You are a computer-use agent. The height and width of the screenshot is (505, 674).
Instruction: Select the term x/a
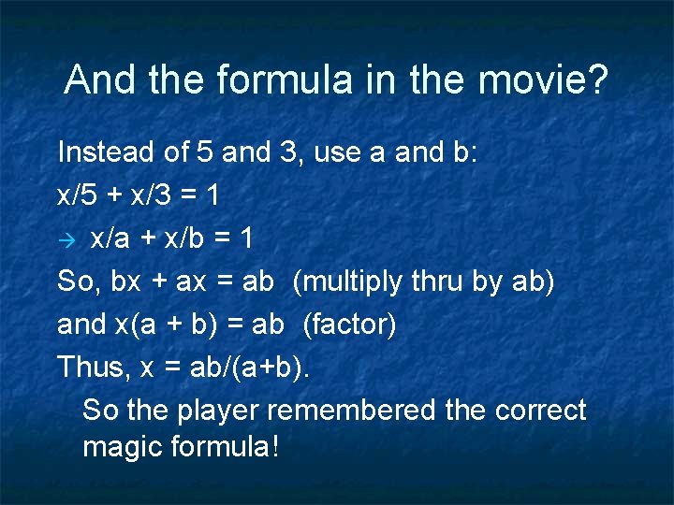tap(110, 238)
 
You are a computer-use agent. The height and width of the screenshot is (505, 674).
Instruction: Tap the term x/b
tap(181, 238)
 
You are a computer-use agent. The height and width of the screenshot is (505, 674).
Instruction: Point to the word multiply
tap(351, 281)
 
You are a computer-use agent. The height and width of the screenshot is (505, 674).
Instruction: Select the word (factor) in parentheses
tap(349, 325)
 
